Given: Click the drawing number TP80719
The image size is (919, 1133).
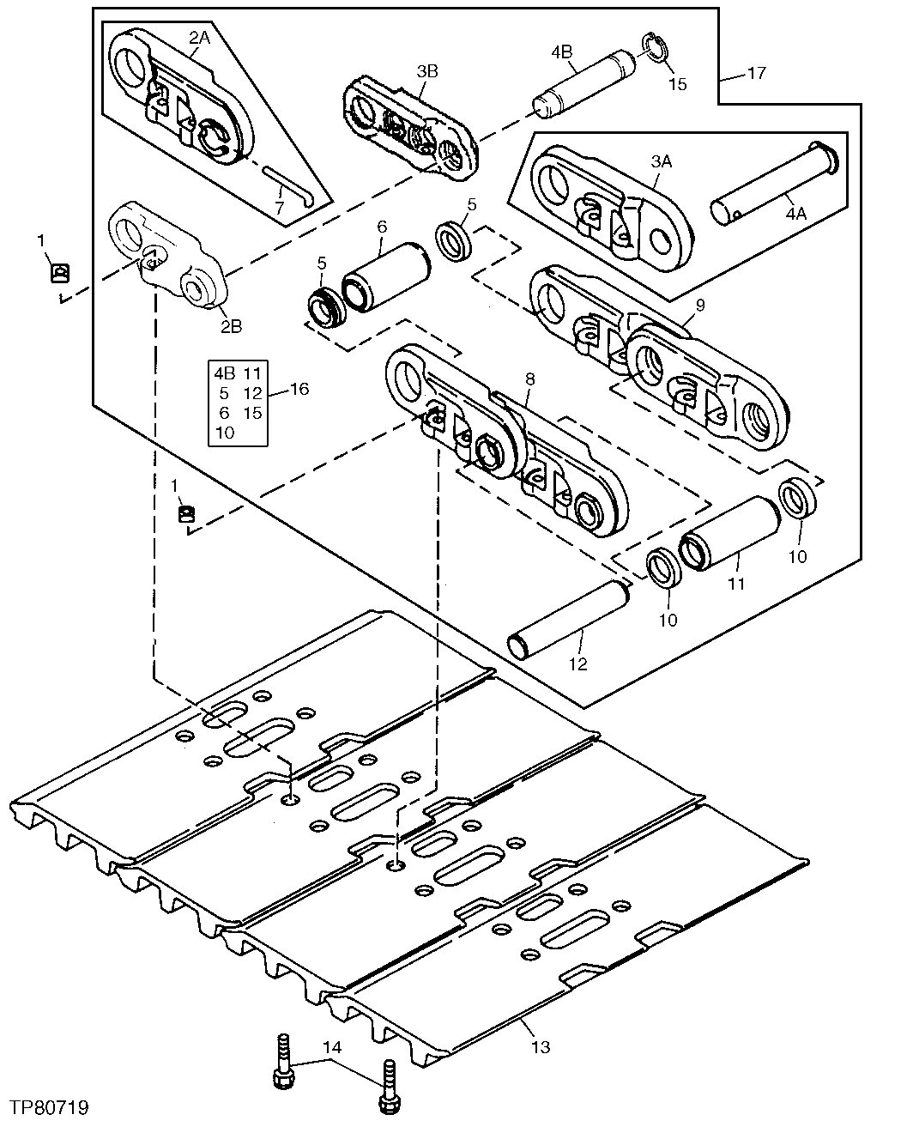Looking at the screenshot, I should point(50,1108).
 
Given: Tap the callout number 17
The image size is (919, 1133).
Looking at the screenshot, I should point(755,74).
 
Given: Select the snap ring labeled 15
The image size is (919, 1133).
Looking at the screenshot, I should point(656,51).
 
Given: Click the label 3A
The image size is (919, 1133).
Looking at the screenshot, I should point(661,161).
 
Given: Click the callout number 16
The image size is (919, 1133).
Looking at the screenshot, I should point(299,389).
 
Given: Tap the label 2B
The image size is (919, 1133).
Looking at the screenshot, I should point(231,326).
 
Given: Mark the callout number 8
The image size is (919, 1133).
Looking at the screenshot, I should point(529,378).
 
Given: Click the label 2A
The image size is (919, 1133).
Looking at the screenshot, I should point(199,38).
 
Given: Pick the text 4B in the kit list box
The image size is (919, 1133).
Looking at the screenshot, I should point(224,373).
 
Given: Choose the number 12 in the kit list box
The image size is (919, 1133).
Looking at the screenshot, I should point(251,393).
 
